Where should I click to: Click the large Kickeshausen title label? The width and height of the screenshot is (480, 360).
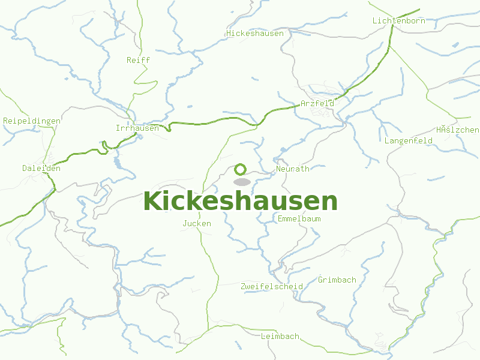(x=240, y=202)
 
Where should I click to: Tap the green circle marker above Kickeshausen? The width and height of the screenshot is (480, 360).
(x=241, y=169)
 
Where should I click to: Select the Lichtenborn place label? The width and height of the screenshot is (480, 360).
(x=398, y=21)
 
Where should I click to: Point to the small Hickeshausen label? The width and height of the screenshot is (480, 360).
(x=255, y=34)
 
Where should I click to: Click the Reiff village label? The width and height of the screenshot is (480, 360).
(x=138, y=61)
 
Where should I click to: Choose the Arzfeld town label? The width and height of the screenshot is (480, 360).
(x=317, y=104)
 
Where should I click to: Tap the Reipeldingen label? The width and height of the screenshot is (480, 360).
(x=32, y=121)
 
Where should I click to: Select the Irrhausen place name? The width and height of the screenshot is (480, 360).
(x=137, y=128)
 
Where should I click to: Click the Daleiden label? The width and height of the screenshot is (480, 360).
(x=41, y=169)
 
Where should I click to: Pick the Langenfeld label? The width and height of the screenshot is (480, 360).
(x=409, y=141)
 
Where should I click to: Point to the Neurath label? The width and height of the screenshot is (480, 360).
(x=293, y=169)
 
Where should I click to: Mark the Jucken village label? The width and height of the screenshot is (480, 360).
(x=197, y=224)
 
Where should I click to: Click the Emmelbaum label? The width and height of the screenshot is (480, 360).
(x=299, y=219)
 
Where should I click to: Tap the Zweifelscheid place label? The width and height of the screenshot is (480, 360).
(x=271, y=286)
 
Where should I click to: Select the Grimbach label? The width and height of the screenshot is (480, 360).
(x=337, y=280)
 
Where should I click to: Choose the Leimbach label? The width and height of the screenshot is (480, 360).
(x=280, y=337)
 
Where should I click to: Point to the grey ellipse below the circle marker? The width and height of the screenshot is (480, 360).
(x=241, y=182)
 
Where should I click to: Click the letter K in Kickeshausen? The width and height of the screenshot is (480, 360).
(x=154, y=202)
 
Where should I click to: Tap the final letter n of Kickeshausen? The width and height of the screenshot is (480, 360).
(x=329, y=202)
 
